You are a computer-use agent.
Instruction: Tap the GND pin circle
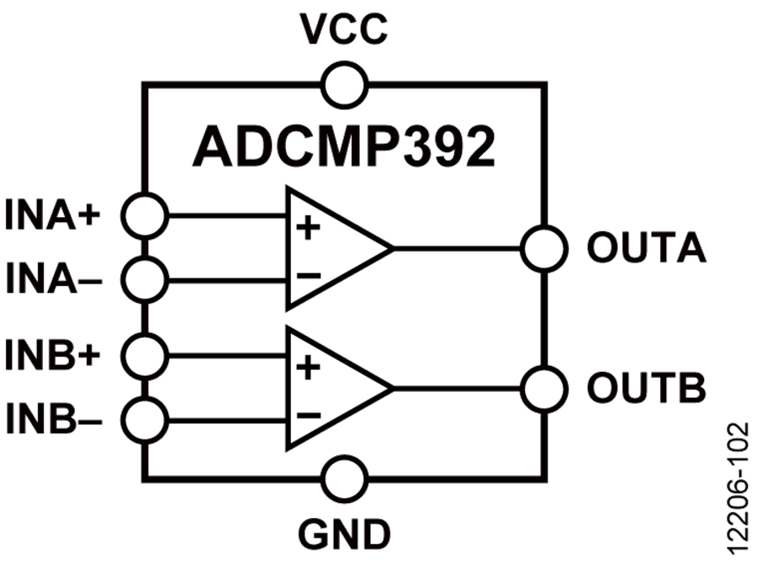pyautogui.click(x=343, y=479)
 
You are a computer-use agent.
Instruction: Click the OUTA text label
pyautogui.click(x=646, y=248)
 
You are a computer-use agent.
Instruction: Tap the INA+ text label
pyautogui.click(x=54, y=215)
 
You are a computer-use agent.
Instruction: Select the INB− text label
pyautogui.click(x=54, y=416)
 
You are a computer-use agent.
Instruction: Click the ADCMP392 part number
pyautogui.click(x=343, y=147)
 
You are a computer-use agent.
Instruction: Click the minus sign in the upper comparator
pyautogui.click(x=309, y=275)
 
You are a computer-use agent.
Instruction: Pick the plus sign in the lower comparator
pyautogui.click(x=309, y=367)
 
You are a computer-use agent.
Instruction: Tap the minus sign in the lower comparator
pyautogui.click(x=309, y=415)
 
